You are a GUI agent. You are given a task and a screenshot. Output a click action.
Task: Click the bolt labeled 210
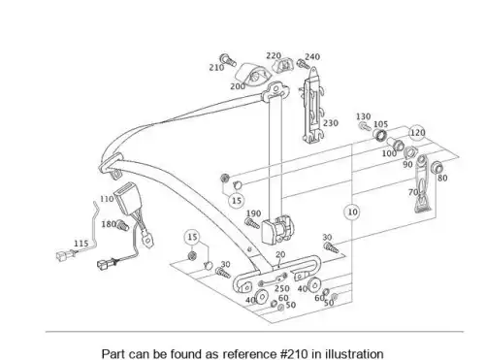click(228, 60)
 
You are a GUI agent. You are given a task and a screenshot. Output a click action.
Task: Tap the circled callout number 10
click(352, 213)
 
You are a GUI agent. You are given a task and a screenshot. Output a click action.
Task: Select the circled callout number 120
click(417, 133)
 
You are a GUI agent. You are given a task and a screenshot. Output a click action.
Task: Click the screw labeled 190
click(252, 224)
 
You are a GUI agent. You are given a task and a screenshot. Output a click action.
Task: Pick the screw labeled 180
click(123, 225)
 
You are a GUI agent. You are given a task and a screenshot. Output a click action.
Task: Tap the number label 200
click(238, 86)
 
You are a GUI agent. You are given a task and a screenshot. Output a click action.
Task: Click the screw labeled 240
click(304, 64)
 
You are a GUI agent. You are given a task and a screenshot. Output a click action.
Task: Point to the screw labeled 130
click(365, 125)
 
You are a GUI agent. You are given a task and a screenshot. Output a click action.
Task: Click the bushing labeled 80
click(437, 168)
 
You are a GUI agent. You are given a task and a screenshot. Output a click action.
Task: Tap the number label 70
click(413, 192)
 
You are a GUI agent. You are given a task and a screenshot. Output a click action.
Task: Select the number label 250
click(282, 288)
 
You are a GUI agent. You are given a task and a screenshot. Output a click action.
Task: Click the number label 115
click(81, 244)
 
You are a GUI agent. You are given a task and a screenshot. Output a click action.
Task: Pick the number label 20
click(280, 254)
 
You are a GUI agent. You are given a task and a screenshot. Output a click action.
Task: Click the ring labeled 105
click(380, 134)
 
